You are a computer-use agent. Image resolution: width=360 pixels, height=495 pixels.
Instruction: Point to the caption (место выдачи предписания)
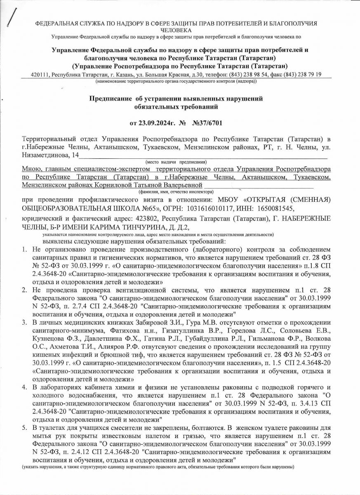[176, 161]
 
